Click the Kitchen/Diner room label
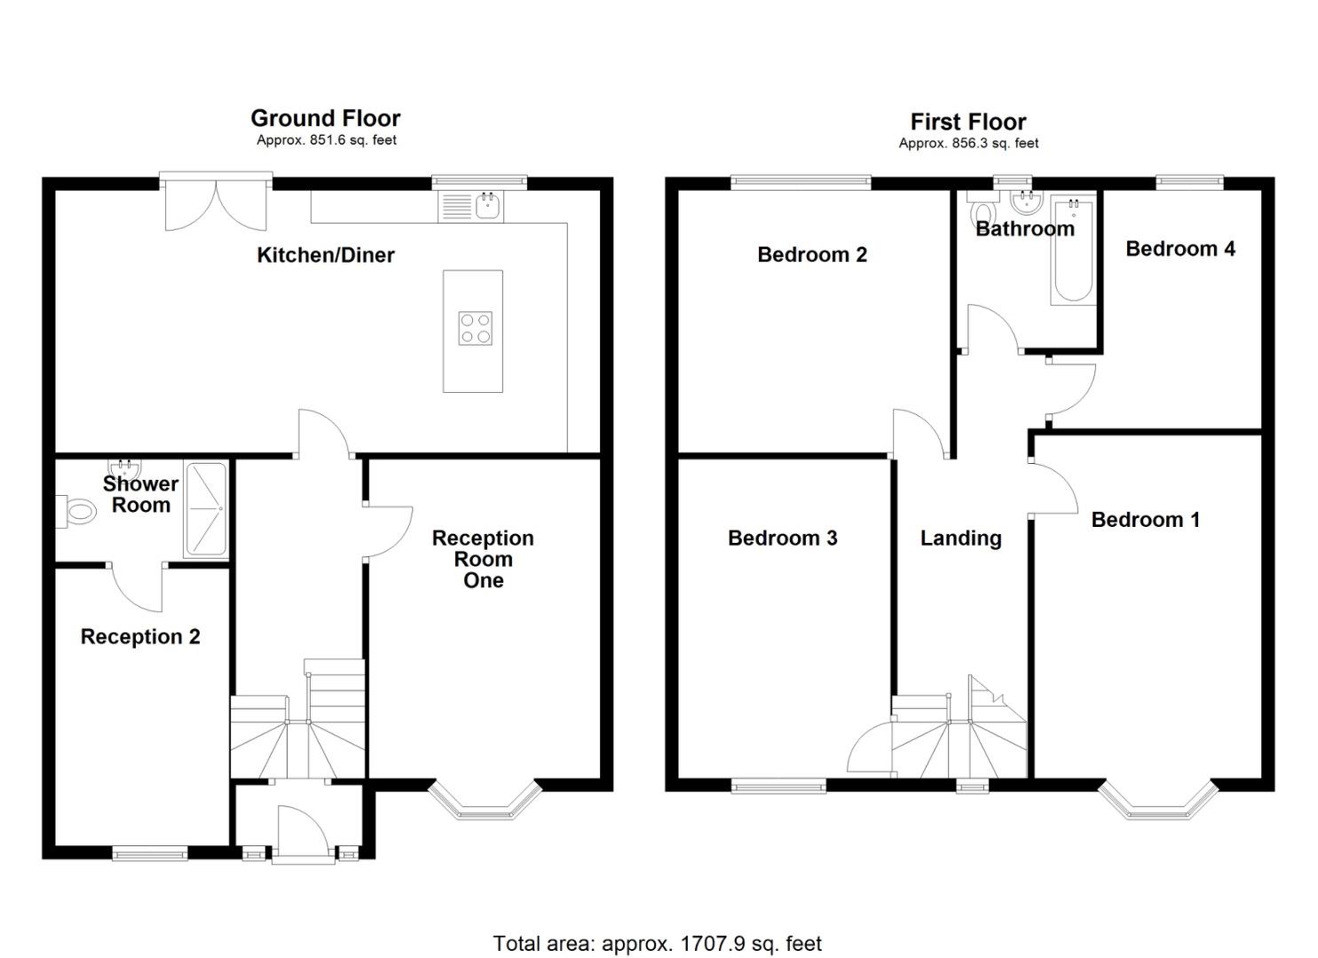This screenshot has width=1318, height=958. [326, 255]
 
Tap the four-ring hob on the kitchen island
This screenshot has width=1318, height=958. [476, 328]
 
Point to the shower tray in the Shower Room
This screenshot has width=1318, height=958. [205, 509]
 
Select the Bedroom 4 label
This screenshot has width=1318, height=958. [1180, 248]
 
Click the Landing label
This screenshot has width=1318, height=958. [961, 538]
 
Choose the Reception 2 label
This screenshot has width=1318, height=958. [140, 637]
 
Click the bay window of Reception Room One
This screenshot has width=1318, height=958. [485, 801]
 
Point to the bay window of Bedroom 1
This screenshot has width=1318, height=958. [1157, 801]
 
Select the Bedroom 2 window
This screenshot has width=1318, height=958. [801, 183]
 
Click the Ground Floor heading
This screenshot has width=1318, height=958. [326, 118]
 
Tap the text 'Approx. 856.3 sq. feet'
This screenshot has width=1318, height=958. [968, 144]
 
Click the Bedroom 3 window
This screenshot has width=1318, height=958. [779, 786]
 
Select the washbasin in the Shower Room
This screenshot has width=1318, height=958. [125, 468]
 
